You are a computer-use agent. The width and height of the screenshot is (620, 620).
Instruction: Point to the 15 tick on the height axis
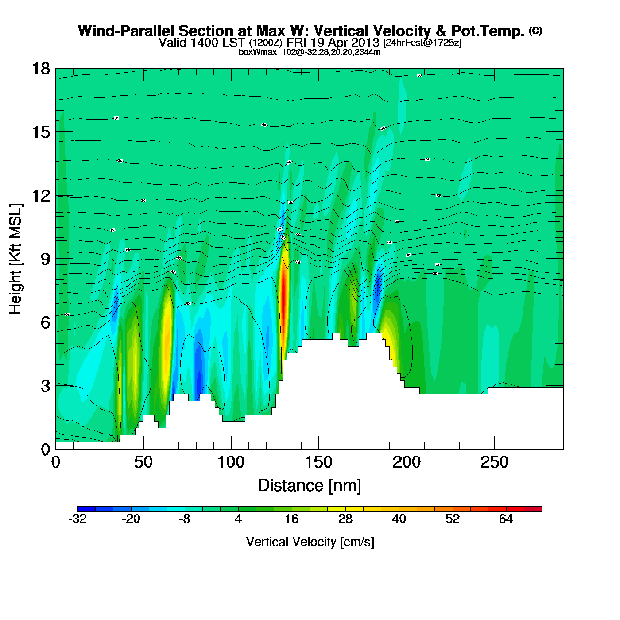(x=40, y=132)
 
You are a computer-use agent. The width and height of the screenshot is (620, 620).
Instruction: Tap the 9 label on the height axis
(x=45, y=259)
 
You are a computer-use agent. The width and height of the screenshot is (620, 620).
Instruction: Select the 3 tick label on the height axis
(x=45, y=386)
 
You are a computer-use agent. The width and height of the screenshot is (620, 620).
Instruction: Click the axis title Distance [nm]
(x=310, y=486)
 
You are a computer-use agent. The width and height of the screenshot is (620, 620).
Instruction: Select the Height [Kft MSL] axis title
(x=16, y=259)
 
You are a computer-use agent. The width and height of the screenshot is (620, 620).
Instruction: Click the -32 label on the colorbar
(x=77, y=519)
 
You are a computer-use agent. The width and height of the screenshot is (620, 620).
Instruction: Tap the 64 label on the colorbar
(x=506, y=519)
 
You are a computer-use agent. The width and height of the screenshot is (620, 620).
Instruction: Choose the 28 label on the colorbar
(x=345, y=519)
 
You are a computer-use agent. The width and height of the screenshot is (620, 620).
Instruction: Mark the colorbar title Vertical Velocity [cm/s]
(x=310, y=542)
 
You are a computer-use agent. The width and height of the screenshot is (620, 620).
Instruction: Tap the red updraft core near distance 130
(x=283, y=292)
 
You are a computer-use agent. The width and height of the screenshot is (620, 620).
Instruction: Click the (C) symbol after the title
(x=535, y=31)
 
